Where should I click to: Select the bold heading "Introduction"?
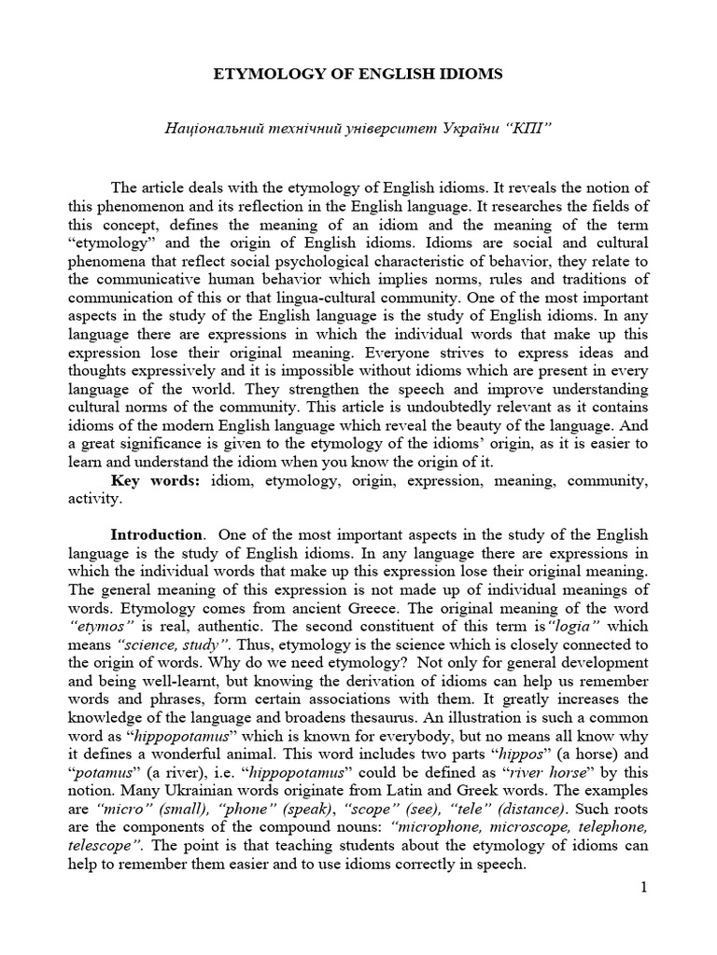(x=156, y=534)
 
